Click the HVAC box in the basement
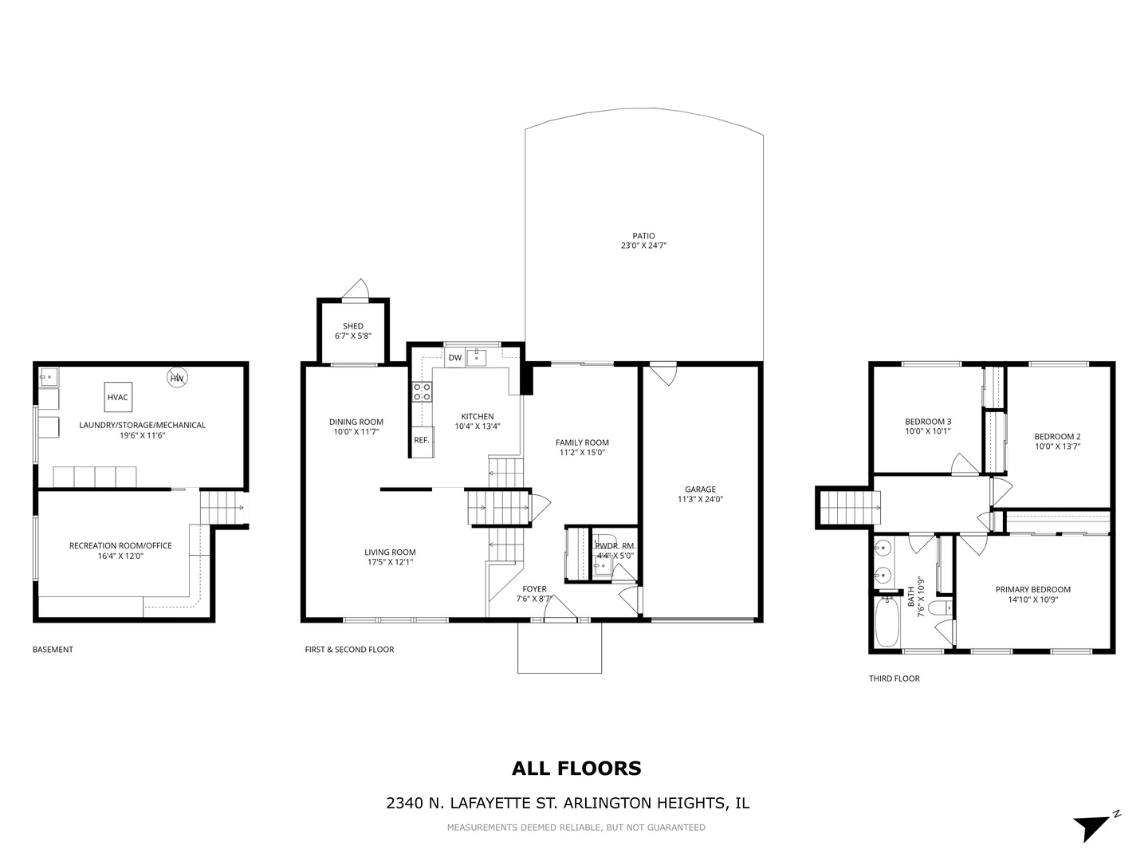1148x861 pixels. [117, 397]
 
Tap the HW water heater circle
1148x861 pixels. [177, 378]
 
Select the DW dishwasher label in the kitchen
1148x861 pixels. [454, 358]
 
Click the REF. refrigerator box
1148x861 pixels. [421, 440]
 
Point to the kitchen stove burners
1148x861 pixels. [422, 391]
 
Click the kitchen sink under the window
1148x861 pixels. [477, 357]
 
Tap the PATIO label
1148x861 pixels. [643, 236]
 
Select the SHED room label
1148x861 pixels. [353, 326]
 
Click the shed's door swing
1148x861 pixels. [358, 289]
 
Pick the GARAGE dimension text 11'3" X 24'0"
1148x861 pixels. [700, 500]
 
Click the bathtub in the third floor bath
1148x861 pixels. [887, 623]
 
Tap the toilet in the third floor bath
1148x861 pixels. [940, 608]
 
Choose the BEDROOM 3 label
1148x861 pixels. [927, 422]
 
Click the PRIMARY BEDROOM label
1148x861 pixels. [1032, 590]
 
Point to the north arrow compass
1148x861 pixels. [1094, 824]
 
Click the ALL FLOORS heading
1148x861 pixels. [576, 769]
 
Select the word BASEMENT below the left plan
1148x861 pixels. [53, 650]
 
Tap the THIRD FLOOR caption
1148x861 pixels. [894, 679]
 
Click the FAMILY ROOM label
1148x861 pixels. [582, 442]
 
